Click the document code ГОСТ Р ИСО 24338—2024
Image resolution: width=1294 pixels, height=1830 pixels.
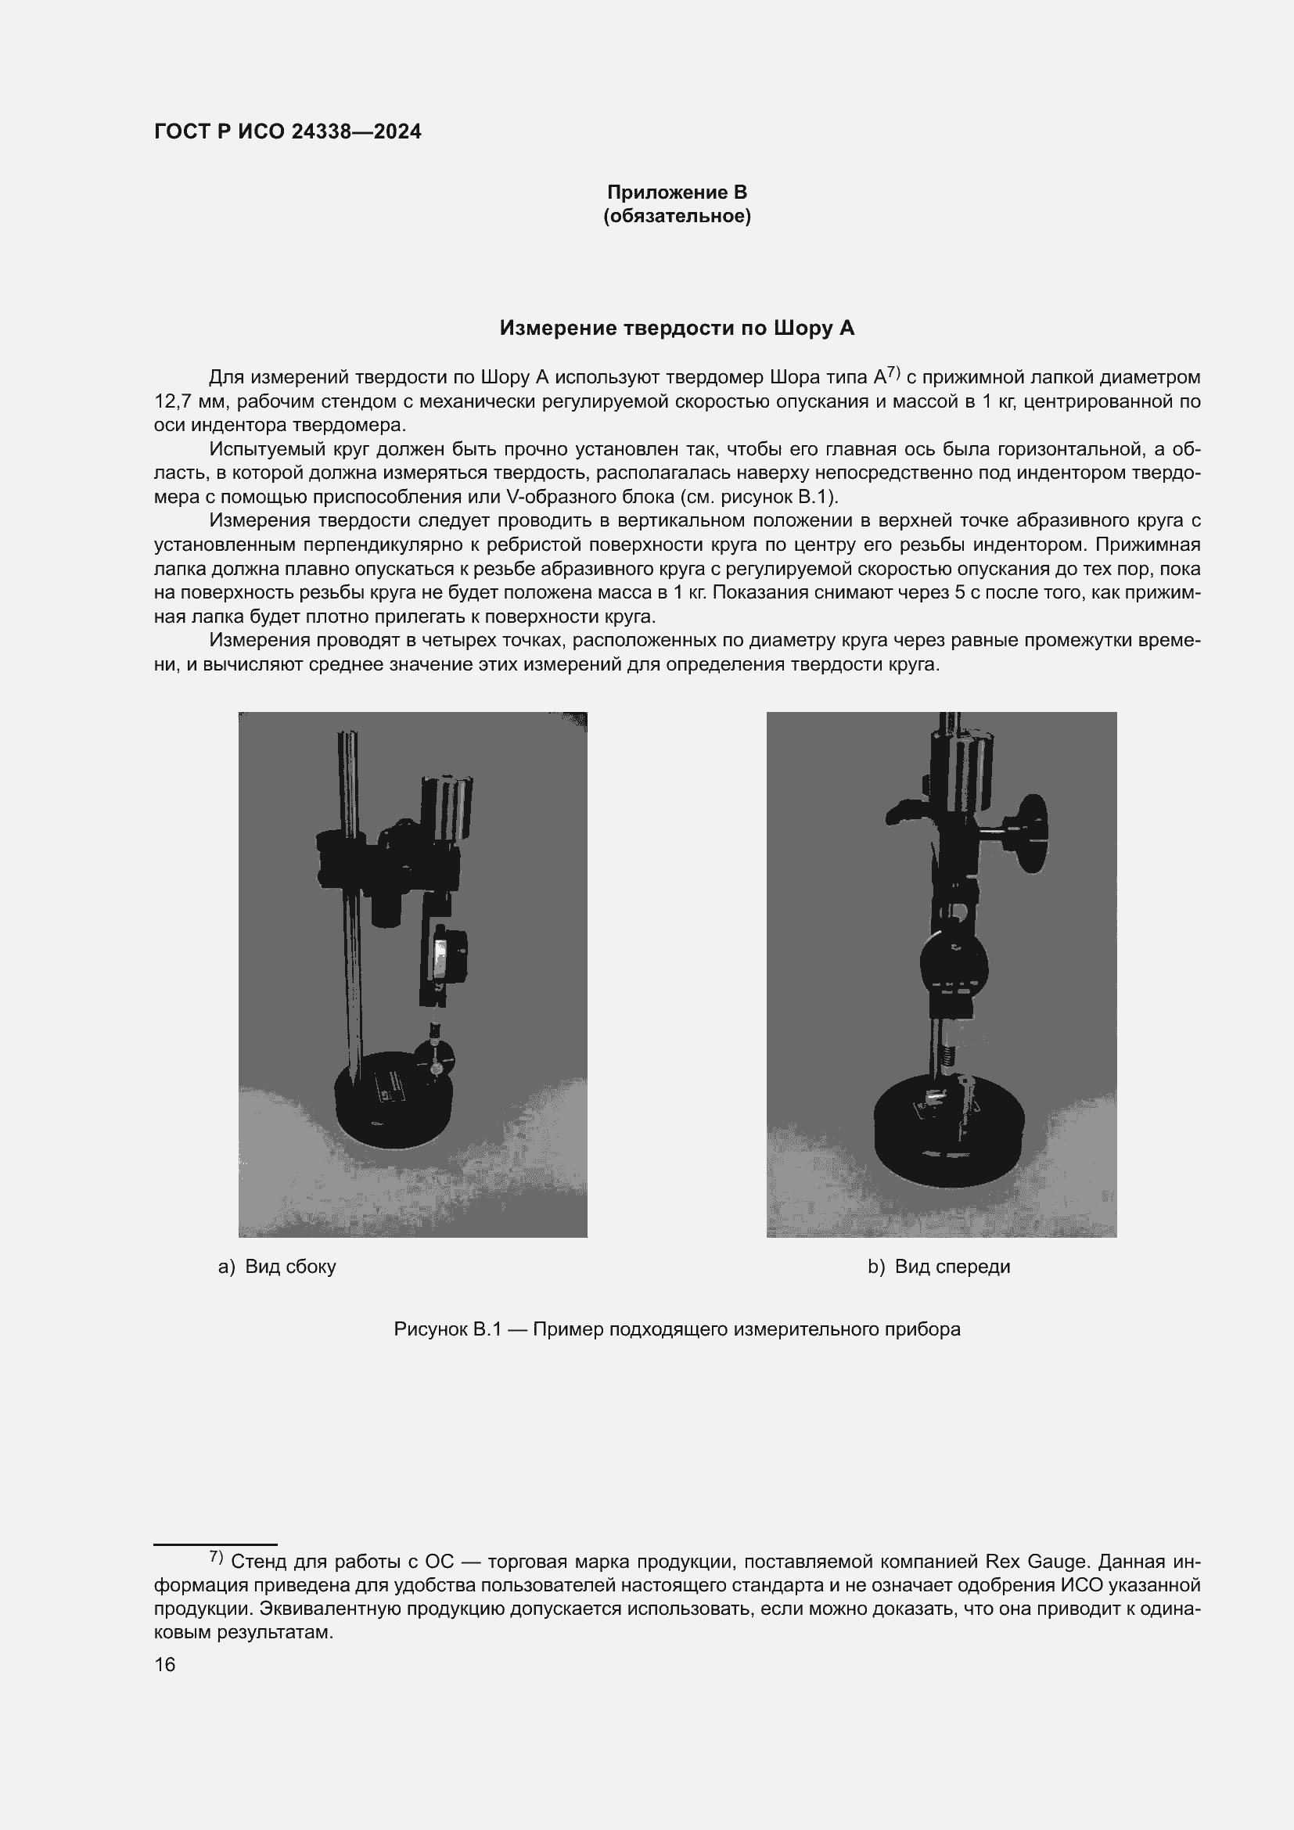[x=288, y=132]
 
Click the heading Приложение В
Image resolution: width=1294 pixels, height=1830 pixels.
[x=677, y=192]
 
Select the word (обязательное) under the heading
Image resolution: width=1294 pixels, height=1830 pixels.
[x=677, y=216]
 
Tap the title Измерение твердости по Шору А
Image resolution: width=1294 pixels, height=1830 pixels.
[x=677, y=329]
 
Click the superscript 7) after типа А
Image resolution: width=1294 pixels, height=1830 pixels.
[x=893, y=372]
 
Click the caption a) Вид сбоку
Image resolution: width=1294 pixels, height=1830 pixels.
[x=277, y=1267]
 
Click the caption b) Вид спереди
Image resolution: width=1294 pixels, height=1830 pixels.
[x=939, y=1267]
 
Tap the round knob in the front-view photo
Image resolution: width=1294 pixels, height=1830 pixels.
[x=1033, y=834]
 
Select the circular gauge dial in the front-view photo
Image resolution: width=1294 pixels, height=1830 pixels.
[x=953, y=965]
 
